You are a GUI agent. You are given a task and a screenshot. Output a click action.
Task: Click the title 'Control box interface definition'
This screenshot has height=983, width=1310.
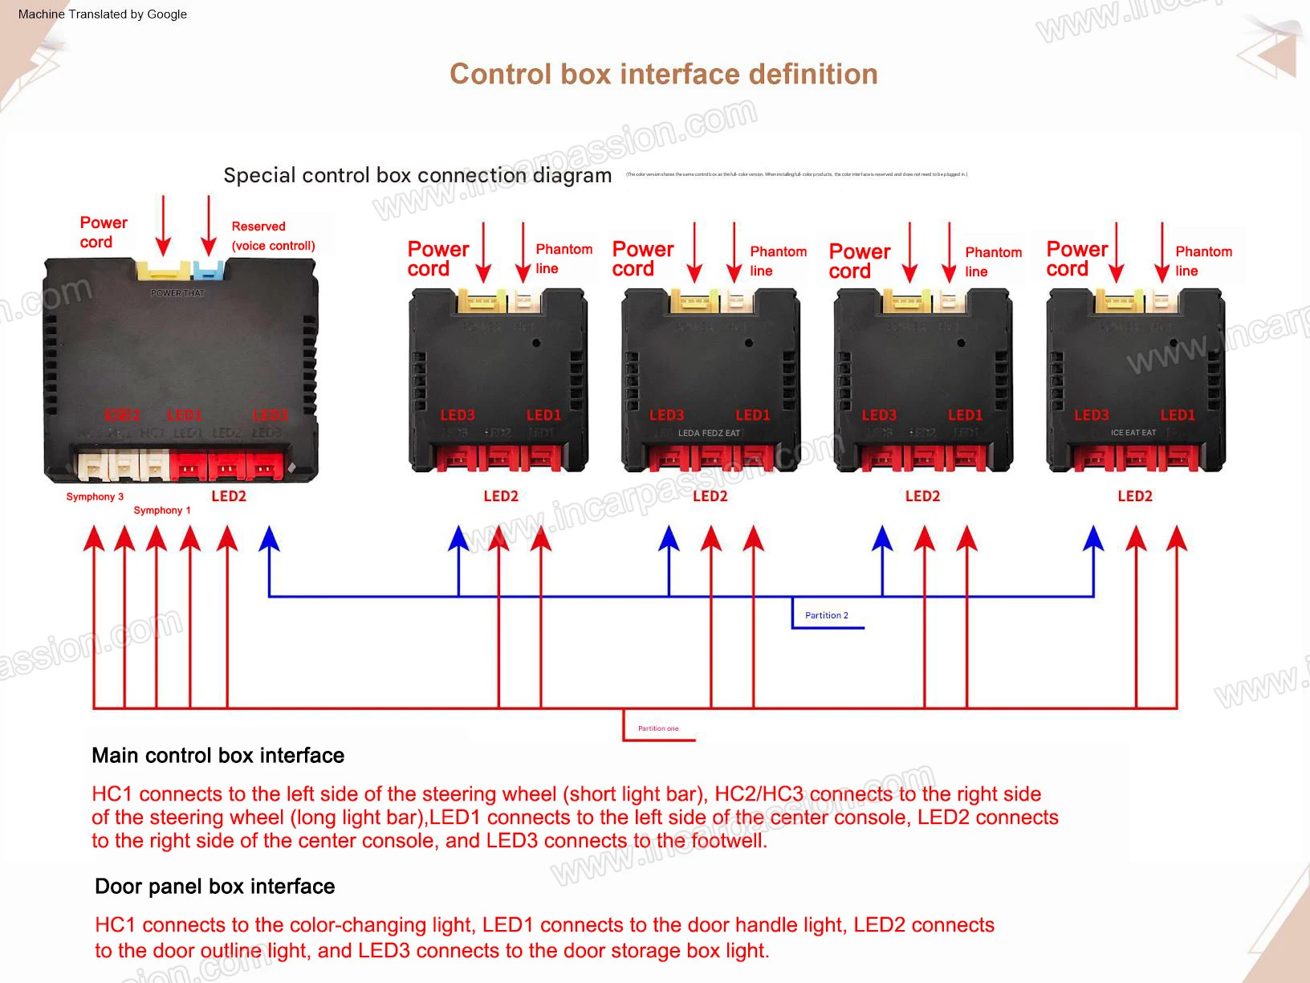point(663,74)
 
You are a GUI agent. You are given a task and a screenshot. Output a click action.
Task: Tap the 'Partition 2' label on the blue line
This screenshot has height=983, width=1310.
point(826,615)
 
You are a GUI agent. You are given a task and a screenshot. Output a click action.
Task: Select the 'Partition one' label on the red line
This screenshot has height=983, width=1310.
point(657,728)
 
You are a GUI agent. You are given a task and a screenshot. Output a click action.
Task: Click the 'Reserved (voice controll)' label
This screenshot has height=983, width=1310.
point(273,236)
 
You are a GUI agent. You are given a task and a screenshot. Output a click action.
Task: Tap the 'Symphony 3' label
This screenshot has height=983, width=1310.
point(95,496)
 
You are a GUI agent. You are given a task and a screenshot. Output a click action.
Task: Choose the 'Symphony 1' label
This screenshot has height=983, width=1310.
point(162,510)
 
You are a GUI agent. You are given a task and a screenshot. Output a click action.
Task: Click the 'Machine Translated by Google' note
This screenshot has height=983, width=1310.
point(103,14)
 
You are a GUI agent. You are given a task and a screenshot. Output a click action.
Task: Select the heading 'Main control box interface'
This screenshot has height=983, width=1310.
point(218,756)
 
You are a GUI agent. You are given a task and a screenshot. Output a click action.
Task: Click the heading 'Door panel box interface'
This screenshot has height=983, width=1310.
point(214,887)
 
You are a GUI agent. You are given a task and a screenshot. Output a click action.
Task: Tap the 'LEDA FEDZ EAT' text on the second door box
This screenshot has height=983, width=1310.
point(709,433)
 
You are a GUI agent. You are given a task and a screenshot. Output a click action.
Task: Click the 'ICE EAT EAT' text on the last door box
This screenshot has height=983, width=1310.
point(1133,433)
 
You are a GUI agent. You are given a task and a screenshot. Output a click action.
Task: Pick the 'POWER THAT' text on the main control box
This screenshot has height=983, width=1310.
point(177,293)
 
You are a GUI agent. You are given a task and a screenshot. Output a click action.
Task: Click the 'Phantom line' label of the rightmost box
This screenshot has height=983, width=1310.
point(1202,261)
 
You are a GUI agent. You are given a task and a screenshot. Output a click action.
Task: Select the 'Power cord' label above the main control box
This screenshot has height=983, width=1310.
point(103,232)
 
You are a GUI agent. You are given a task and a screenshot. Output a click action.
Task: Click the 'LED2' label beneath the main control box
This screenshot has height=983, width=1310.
point(229,496)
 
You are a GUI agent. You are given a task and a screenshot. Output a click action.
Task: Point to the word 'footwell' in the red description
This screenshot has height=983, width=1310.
point(728,841)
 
